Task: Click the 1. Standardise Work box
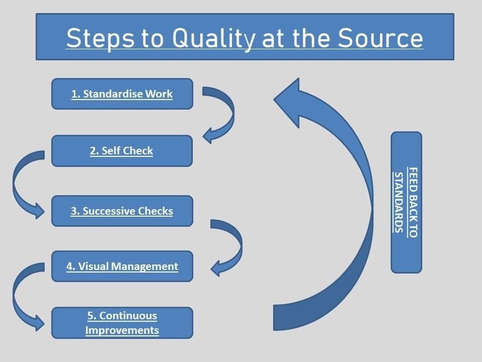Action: click(x=122, y=94)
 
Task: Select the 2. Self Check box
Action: click(x=122, y=151)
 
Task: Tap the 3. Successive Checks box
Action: click(x=122, y=211)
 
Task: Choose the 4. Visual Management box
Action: click(x=122, y=266)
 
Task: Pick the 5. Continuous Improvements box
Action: click(x=122, y=323)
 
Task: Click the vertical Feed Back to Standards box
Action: click(x=406, y=202)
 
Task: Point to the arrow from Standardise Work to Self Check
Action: click(x=226, y=113)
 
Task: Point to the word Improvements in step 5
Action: click(x=122, y=330)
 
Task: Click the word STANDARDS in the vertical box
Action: click(x=399, y=202)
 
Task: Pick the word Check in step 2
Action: click(x=138, y=151)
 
